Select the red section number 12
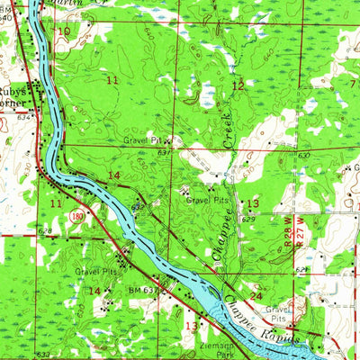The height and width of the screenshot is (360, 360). pos(238,85)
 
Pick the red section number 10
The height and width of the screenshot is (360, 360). pos(63,31)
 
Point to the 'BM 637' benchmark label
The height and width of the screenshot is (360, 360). pos(145,290)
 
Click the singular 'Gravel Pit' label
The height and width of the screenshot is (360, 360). pos(143,140)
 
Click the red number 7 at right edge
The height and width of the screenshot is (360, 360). pos(352,84)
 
